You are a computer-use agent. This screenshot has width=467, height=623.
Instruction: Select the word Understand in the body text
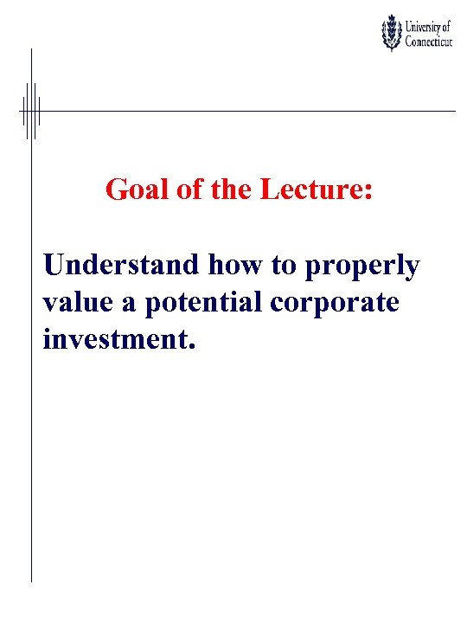[122, 266]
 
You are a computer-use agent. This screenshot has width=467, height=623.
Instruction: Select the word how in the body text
[238, 266]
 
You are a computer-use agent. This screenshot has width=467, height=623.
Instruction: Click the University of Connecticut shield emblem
[392, 33]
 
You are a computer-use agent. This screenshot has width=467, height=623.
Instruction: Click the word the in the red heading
[231, 189]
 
